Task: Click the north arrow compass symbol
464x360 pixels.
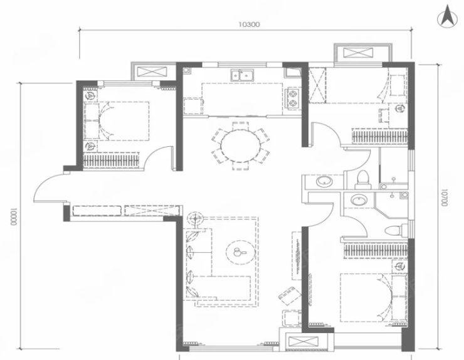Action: point(447,17)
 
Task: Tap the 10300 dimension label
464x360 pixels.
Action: point(249,24)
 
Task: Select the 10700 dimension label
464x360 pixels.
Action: point(443,198)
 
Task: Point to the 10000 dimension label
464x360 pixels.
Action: point(14,217)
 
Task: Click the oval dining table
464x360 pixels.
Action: point(241,146)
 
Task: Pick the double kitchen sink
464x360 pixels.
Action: point(243,75)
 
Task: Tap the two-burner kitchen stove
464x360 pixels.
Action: point(293,98)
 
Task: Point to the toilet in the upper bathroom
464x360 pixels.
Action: point(363,180)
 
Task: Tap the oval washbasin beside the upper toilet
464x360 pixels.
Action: point(325,181)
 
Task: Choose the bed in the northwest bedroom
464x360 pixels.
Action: point(117,121)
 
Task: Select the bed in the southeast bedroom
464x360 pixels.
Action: point(374,297)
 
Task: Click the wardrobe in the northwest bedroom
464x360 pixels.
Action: point(111,160)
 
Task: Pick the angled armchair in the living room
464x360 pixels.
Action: point(290,297)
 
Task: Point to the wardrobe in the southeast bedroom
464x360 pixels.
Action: point(375,250)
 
